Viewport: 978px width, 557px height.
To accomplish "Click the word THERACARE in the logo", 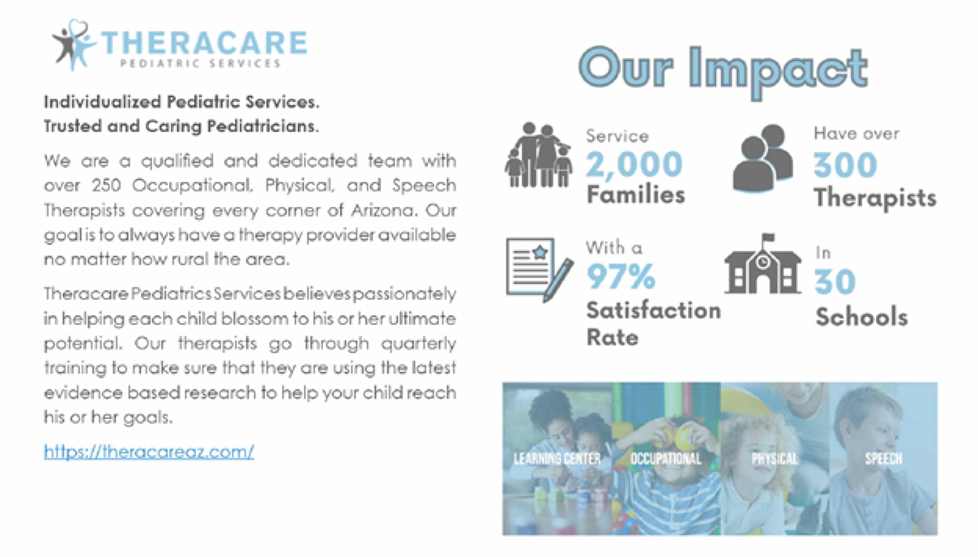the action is point(204,43).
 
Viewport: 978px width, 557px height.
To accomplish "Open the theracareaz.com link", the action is point(149,452).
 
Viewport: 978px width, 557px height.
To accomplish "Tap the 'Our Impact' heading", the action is point(723,72).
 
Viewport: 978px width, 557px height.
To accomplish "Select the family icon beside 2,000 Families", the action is point(539,155).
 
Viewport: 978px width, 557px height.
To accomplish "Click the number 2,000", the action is point(634,164).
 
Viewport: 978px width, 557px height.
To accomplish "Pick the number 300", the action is point(845,165).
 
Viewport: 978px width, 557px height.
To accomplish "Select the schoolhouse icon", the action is point(763,264).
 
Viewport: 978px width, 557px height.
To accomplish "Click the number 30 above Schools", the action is point(835,282).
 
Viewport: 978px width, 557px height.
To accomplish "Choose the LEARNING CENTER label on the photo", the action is point(557,458).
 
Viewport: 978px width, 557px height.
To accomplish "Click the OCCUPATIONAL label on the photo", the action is point(666,458).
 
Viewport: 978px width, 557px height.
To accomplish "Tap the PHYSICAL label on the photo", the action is point(775,458).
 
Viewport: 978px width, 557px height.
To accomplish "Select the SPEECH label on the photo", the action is point(883,458).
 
